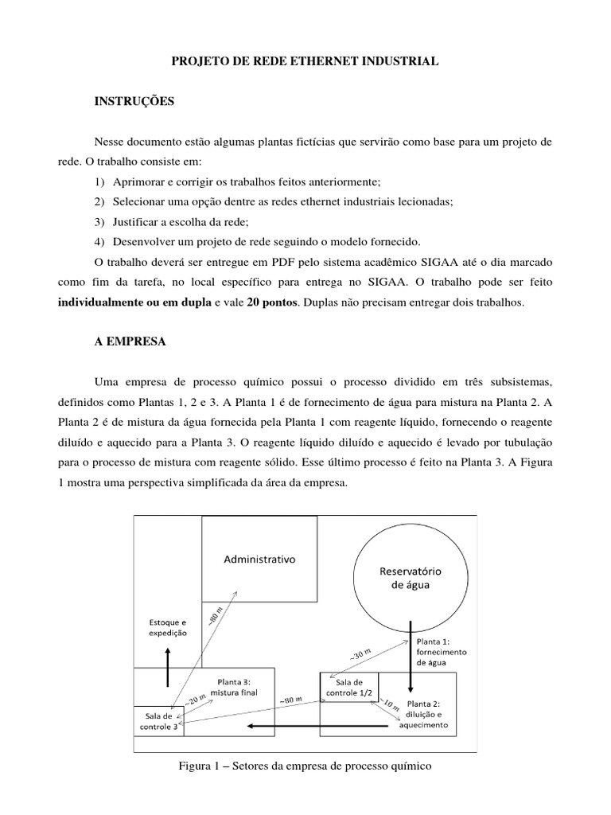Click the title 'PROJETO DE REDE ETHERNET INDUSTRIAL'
(305, 60)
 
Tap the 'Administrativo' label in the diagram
(259, 559)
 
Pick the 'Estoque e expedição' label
(167, 627)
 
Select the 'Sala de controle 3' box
(158, 720)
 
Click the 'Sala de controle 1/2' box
(348, 687)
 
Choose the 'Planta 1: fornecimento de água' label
(441, 650)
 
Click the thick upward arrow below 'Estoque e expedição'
(167, 667)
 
